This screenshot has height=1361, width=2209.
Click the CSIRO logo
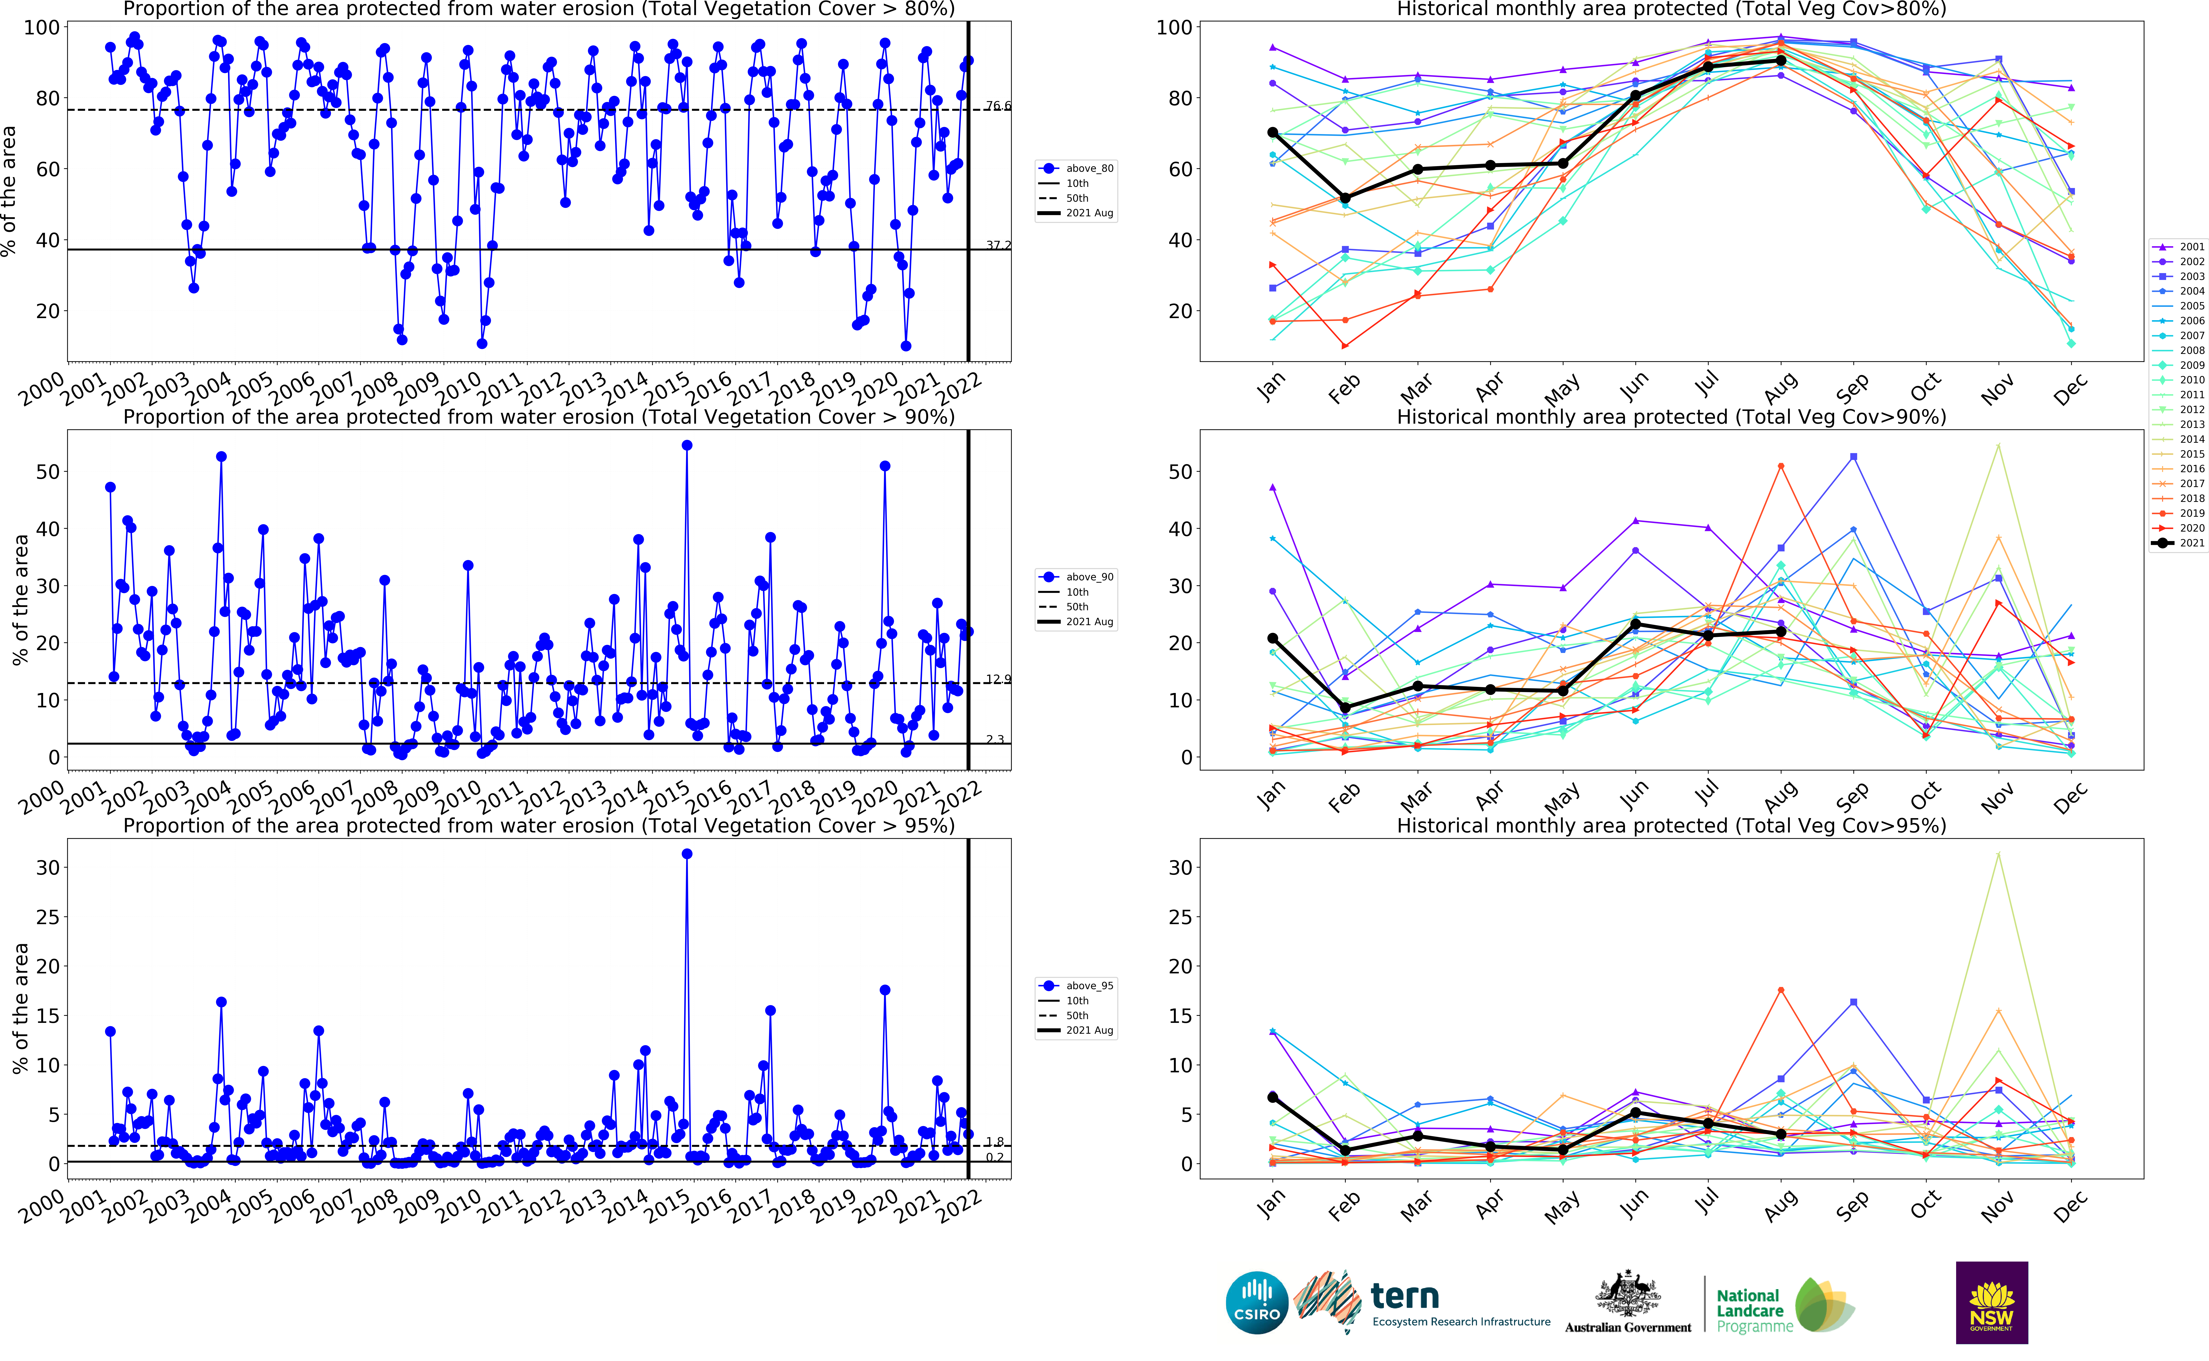1257,1303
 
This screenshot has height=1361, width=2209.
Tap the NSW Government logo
1991,1303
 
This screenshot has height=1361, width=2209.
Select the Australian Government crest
1628,1296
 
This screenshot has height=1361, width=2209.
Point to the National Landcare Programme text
1753,1311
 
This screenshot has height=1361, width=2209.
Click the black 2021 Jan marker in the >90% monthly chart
1273,638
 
